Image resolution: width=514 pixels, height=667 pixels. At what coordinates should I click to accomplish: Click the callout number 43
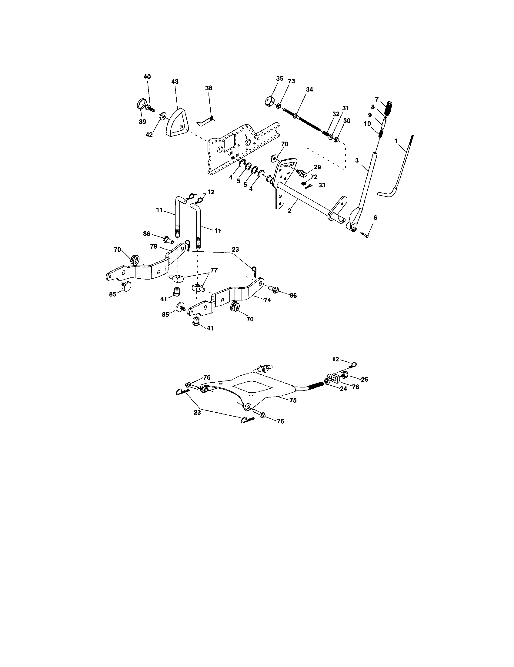(175, 82)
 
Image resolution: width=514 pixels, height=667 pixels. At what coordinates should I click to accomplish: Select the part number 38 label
(209, 88)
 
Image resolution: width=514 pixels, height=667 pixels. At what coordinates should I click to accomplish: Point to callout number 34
(309, 89)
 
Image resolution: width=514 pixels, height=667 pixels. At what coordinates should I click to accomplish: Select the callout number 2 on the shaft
(289, 210)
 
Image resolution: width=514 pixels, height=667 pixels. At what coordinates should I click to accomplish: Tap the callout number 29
(317, 167)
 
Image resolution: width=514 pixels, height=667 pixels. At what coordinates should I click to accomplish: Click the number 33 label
(322, 185)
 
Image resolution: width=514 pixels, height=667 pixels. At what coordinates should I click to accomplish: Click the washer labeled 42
(163, 116)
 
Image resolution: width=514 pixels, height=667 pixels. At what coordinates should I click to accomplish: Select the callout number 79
(154, 246)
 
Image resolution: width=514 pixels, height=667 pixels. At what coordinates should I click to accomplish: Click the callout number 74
(267, 300)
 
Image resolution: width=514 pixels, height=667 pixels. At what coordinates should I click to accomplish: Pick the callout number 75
(293, 400)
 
